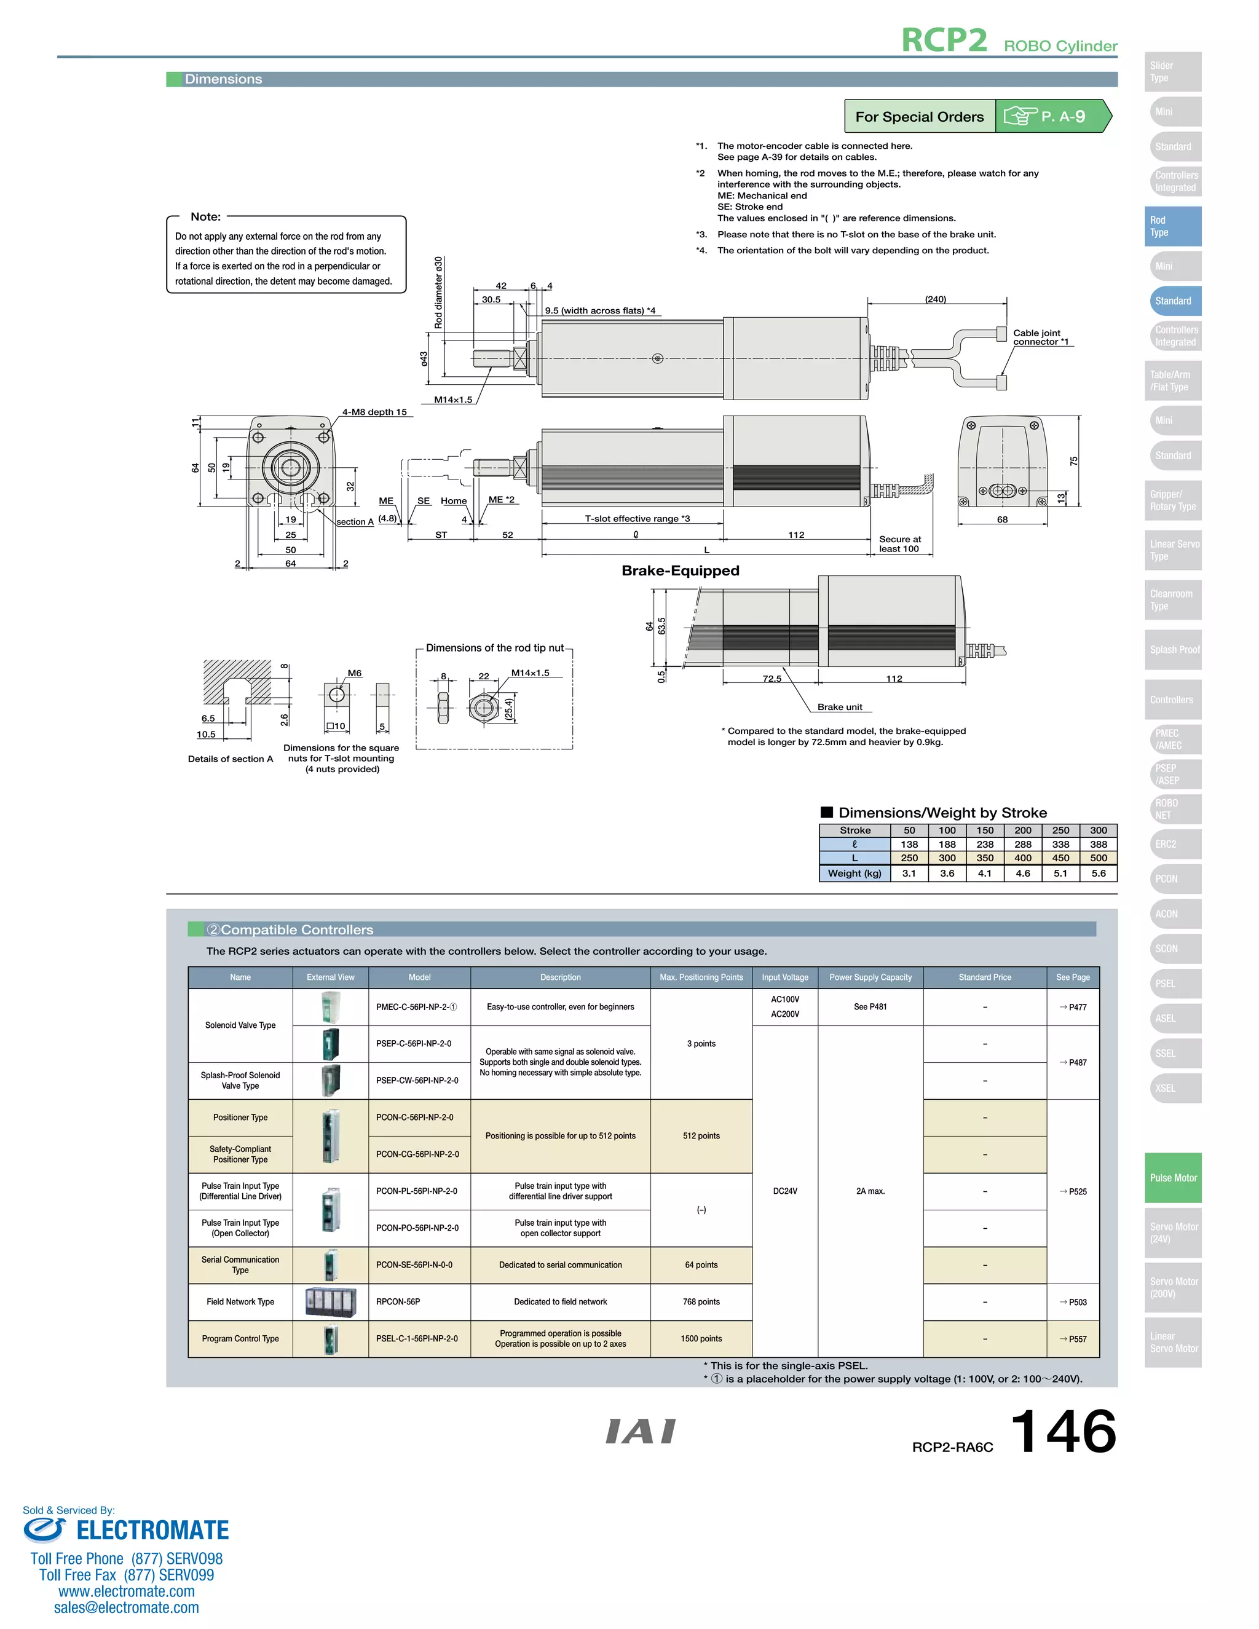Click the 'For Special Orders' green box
tap(919, 116)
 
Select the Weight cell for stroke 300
tap(1098, 874)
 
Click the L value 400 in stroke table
tap(1022, 859)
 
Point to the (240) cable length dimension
tap(935, 299)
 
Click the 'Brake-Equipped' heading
tap(681, 570)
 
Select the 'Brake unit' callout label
tap(839, 707)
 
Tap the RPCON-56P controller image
tap(330, 1301)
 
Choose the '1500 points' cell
tap(701, 1339)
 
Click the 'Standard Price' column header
tap(985, 977)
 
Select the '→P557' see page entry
tap(1073, 1339)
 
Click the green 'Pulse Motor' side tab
tap(1172, 1178)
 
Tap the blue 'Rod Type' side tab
tap(1172, 226)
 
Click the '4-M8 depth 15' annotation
tap(374, 412)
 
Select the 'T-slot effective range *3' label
tap(637, 518)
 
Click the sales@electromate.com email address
tap(126, 1607)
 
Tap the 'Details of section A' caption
tap(231, 759)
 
